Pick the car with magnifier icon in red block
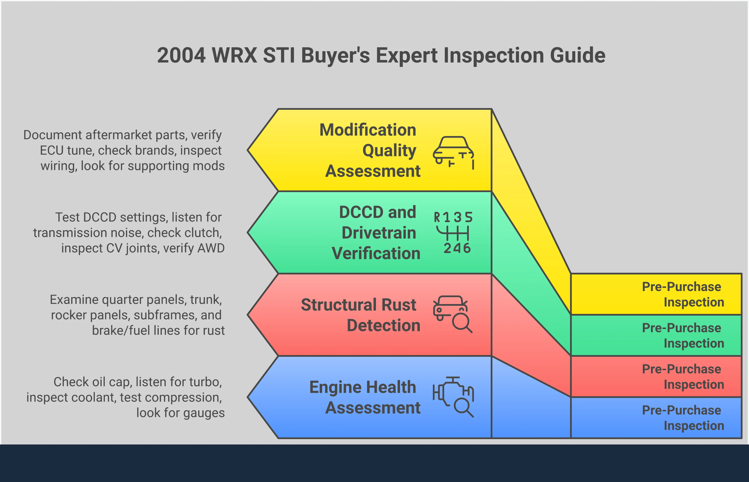(453, 314)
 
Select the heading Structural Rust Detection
(360, 315)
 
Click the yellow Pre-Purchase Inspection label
(683, 294)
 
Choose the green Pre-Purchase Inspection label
(683, 336)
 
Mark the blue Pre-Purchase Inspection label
(683, 418)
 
